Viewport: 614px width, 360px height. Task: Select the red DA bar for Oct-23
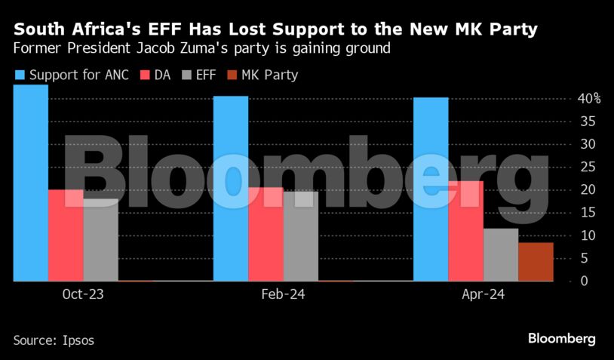66,235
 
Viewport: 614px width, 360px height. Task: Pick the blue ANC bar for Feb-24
230,189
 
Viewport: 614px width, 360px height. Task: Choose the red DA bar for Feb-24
266,234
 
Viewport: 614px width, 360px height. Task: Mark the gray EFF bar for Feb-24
300,236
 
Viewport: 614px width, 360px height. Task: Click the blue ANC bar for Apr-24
430,189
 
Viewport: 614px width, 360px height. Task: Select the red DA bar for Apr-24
465,231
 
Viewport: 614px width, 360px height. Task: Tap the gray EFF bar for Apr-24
500,254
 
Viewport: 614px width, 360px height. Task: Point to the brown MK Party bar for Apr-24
536,261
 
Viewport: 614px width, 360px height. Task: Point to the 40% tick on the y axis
588,98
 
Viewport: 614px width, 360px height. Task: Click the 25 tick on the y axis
585,167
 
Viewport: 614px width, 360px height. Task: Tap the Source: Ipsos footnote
54,340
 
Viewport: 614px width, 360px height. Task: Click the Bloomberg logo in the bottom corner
562,339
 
